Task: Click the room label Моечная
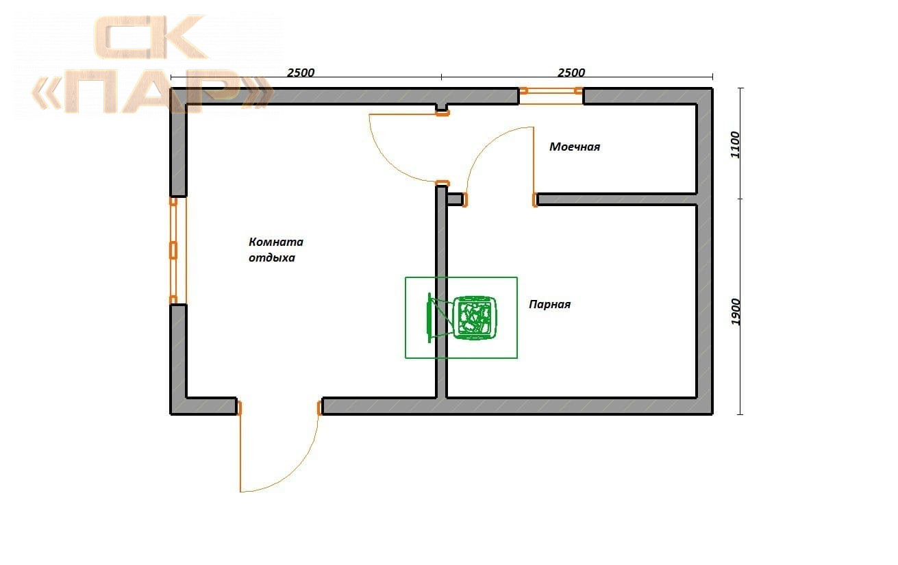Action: click(575, 147)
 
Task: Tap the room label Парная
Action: click(549, 305)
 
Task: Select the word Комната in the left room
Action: click(276, 242)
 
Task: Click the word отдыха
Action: click(272, 258)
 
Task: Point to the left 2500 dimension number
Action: click(301, 73)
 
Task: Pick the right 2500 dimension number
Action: click(571, 73)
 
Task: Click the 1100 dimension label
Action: click(735, 145)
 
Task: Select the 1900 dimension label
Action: click(735, 312)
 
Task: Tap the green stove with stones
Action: click(475, 318)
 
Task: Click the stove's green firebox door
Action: click(429, 318)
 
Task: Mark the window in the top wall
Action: click(551, 95)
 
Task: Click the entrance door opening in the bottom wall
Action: click(279, 407)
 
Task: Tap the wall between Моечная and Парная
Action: click(616, 199)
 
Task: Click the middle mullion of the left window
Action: click(173, 251)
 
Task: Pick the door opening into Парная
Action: click(499, 199)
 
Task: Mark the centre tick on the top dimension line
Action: click(441, 77)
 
